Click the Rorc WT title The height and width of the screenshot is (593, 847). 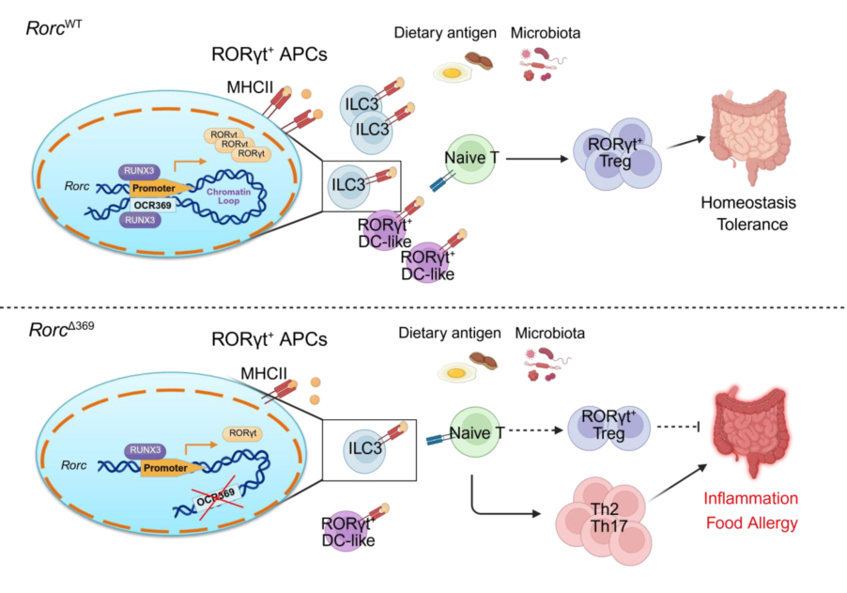tap(54, 28)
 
